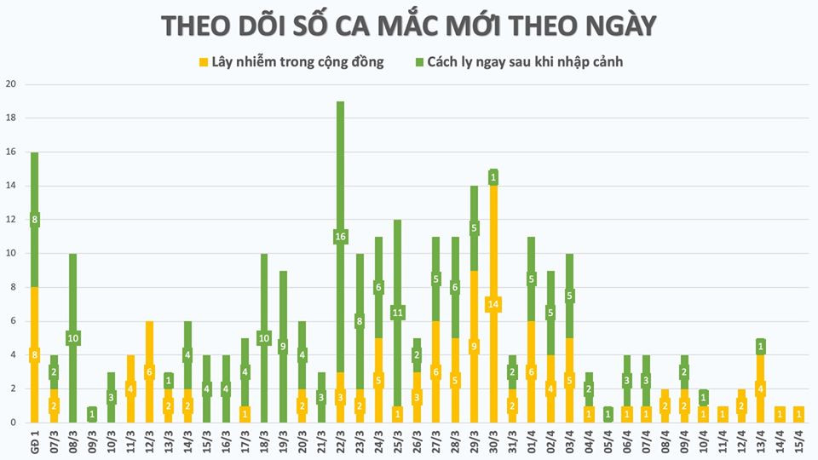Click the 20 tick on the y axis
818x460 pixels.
tap(11, 84)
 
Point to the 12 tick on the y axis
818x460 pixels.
tap(11, 220)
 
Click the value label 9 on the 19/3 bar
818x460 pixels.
tap(283, 347)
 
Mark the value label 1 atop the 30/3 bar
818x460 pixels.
tap(493, 177)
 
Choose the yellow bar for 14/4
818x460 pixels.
tap(781, 414)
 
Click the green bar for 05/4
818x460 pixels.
tap(608, 414)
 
